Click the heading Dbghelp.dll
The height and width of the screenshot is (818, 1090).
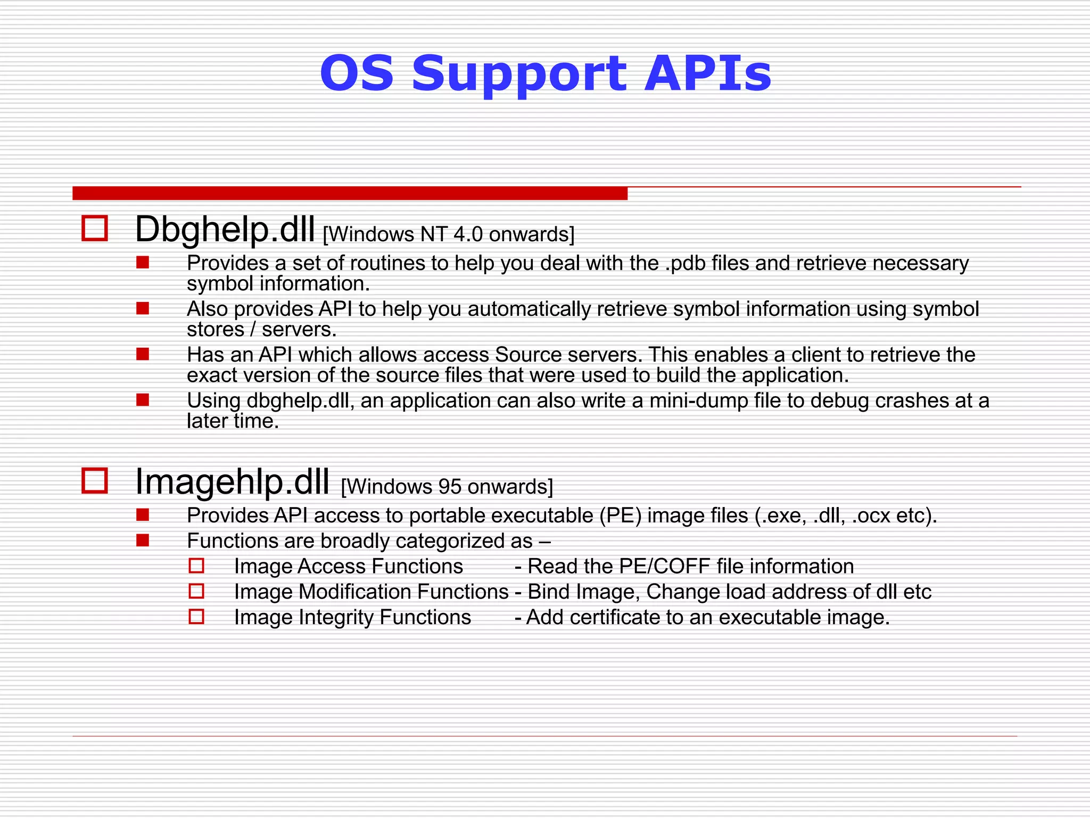225,230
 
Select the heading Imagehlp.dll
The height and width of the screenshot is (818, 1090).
232,481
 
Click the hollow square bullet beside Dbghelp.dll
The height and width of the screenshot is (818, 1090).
95,228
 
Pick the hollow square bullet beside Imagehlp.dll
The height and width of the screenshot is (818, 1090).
95,480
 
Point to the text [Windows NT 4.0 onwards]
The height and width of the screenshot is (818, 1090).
449,234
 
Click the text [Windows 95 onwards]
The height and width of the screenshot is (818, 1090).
447,487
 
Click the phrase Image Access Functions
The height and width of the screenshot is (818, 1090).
349,567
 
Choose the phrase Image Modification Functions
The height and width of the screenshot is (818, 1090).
371,592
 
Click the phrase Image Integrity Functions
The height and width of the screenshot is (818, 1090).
352,618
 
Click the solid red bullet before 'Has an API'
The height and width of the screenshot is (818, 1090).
143,354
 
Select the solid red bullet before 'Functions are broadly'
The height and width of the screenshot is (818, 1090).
143,541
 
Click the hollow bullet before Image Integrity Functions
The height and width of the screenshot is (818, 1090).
196,617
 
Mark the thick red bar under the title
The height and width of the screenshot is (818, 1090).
350,193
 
